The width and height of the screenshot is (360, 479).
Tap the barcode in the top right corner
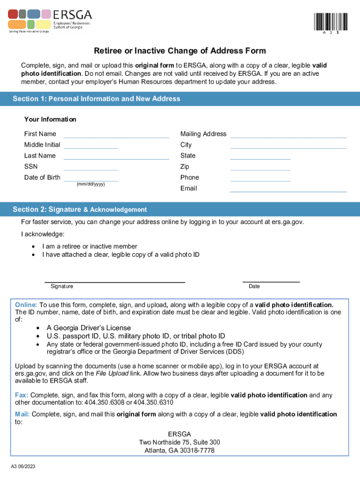tap(331, 22)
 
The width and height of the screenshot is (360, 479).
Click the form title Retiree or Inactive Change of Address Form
tap(180, 51)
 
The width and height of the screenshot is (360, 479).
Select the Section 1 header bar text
tap(96, 99)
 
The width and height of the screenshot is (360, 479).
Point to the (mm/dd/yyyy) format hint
tap(91, 184)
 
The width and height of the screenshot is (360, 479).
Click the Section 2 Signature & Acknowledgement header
tap(79, 210)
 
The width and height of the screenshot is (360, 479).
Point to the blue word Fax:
tap(22, 395)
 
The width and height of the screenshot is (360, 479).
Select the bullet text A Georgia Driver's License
tap(88, 328)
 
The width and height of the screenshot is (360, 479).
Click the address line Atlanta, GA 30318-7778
tap(180, 450)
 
